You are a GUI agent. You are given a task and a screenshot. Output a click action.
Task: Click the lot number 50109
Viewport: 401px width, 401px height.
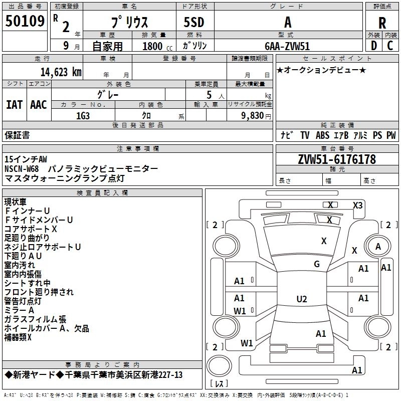coord(25,22)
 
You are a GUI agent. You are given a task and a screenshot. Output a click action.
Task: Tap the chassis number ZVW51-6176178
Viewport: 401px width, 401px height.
coord(337,159)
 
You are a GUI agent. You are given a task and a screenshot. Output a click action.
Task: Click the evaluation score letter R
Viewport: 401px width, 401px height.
coord(382,23)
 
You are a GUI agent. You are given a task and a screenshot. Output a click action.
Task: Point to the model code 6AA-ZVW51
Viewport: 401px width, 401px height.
coord(287,46)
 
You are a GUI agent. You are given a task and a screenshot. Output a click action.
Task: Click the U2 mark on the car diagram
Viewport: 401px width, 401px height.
coord(302,299)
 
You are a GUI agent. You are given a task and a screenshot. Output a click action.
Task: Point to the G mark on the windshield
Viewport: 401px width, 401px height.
coord(316,264)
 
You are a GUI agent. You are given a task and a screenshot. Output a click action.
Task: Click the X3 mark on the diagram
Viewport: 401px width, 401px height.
coord(358,205)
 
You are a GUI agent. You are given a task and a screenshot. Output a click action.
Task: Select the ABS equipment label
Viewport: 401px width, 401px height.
coord(322,135)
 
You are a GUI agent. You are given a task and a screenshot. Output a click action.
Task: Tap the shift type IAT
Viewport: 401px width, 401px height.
coord(15,104)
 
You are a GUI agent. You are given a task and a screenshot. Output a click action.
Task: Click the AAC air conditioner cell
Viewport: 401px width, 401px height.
coord(39,104)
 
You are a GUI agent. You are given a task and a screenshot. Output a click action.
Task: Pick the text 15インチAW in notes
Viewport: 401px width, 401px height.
coord(26,159)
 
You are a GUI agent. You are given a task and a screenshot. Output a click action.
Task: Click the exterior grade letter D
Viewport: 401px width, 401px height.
coord(373,46)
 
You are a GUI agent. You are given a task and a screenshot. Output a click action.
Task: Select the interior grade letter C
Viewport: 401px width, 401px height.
coord(390,46)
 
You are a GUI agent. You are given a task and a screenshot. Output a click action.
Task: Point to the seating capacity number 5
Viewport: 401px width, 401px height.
coord(208,94)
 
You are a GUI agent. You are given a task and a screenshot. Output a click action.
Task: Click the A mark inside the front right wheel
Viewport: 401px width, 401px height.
coord(378,246)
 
